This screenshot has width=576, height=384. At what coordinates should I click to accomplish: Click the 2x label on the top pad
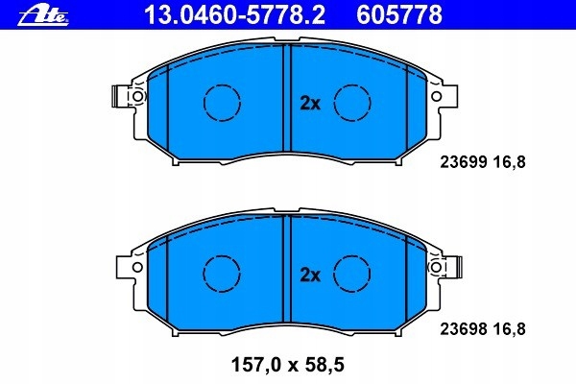pyautogui.click(x=309, y=102)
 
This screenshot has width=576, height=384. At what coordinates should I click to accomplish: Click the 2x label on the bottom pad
pyautogui.click(x=309, y=275)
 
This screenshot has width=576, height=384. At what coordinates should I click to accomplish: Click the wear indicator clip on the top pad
pyautogui.click(x=119, y=96)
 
